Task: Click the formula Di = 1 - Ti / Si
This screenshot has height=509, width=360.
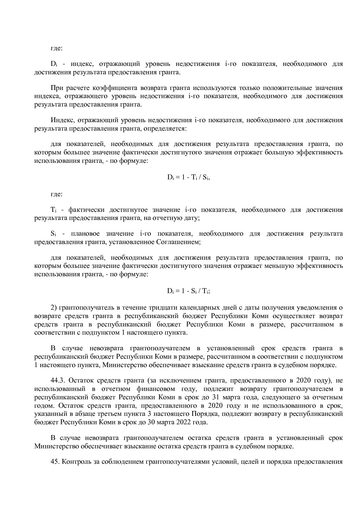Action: (188, 177)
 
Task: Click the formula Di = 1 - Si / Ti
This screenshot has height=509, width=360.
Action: (188, 291)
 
